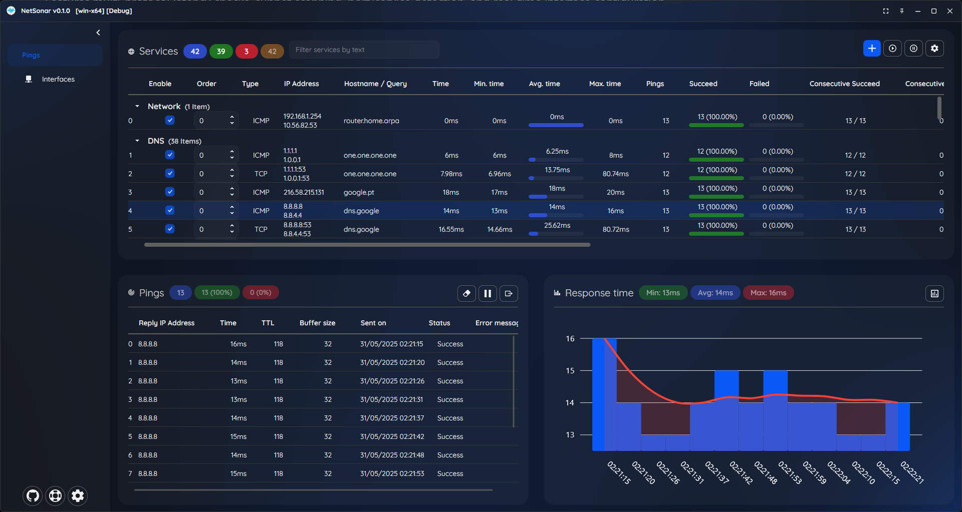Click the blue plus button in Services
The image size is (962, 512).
click(x=872, y=49)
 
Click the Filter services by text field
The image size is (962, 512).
click(x=364, y=50)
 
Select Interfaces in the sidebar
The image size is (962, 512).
click(x=58, y=79)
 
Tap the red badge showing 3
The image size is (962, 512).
click(x=247, y=51)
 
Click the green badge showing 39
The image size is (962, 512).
click(x=221, y=51)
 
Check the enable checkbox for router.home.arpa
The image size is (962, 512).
click(x=170, y=120)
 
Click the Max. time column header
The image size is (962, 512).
click(x=605, y=84)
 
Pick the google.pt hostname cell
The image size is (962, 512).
click(x=359, y=192)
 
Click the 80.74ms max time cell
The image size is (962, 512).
click(x=615, y=174)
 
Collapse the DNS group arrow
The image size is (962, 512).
click(x=137, y=141)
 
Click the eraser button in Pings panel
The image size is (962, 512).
click(x=466, y=293)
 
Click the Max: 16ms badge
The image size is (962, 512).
click(x=768, y=293)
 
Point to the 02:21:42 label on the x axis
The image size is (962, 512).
click(x=741, y=472)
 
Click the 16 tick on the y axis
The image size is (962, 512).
click(x=570, y=339)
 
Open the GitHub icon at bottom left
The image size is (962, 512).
click(x=33, y=495)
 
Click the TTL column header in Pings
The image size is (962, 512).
click(x=268, y=323)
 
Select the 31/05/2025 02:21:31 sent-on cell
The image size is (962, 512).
click(x=391, y=399)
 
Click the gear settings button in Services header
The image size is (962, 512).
click(x=934, y=49)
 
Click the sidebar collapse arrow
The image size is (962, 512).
click(x=98, y=33)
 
